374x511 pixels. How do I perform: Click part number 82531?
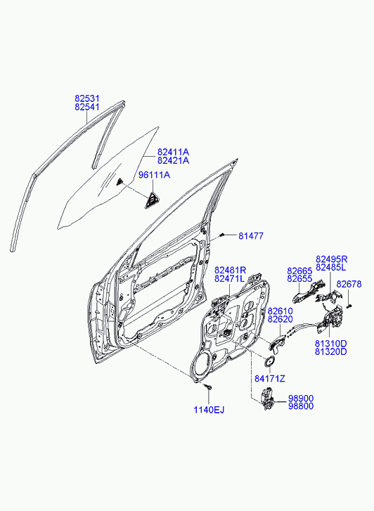[87, 98]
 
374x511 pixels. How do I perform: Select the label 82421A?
[173, 160]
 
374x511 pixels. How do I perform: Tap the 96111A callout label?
[154, 175]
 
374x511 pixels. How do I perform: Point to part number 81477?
[251, 236]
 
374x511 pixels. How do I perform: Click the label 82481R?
[230, 270]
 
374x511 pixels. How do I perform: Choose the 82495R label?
[331, 259]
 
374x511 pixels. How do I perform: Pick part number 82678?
[349, 284]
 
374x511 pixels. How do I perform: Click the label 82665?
[299, 271]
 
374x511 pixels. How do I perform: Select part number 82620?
[280, 319]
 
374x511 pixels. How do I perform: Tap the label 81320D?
[330, 351]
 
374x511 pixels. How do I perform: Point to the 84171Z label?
[270, 379]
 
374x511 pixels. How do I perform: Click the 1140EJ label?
[209, 410]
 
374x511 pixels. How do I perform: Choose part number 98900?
[301, 399]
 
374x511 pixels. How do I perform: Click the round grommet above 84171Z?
[269, 361]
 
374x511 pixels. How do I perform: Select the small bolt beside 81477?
[222, 235]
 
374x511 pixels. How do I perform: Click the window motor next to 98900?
[266, 399]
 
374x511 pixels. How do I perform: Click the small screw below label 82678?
[350, 306]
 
